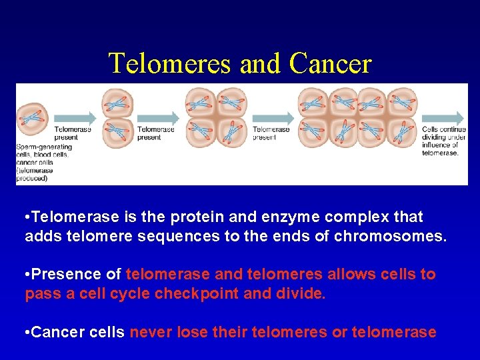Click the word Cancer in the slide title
tap(331, 63)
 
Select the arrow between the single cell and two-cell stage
tap(73, 118)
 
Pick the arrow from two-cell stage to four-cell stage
tap(158, 118)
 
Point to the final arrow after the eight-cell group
tap(443, 118)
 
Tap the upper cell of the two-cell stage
tap(117, 103)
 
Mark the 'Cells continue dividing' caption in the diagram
tap(441, 141)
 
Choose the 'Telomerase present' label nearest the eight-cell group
tap(271, 133)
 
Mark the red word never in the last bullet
tap(151, 332)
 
